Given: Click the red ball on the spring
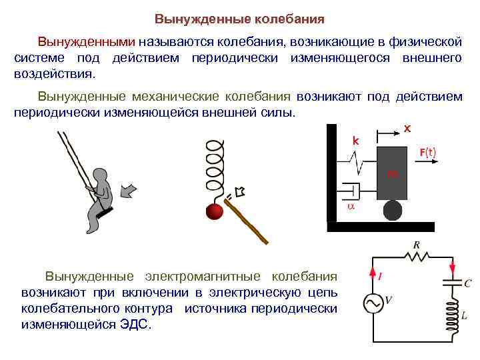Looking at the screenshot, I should pos(215,211).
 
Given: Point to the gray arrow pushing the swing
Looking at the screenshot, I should pos(129,192).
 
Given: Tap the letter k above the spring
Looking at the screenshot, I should pos(355,141).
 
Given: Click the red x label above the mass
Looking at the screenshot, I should pos(408,128).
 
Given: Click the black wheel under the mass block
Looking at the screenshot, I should pos(392,211).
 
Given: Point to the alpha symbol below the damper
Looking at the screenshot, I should pos(351,207).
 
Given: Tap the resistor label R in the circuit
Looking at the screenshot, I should pos(416,245).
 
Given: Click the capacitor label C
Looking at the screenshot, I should pos(467,283).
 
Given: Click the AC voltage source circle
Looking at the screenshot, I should pos(372,303).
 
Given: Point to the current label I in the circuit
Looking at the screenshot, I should pos(380,274).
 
